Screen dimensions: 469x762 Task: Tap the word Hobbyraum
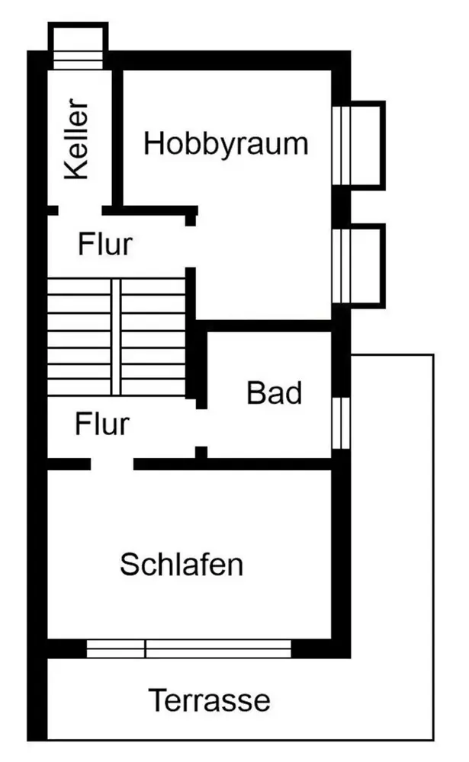226,143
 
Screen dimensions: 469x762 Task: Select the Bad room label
275,393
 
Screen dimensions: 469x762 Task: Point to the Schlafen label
181,565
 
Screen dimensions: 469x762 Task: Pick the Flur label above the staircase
105,245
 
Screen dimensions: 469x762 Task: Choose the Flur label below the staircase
102,424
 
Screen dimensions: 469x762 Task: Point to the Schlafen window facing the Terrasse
189,648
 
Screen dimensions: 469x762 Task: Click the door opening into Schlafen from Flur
112,463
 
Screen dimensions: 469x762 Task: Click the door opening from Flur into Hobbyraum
191,245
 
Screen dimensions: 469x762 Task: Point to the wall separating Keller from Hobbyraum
117,137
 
